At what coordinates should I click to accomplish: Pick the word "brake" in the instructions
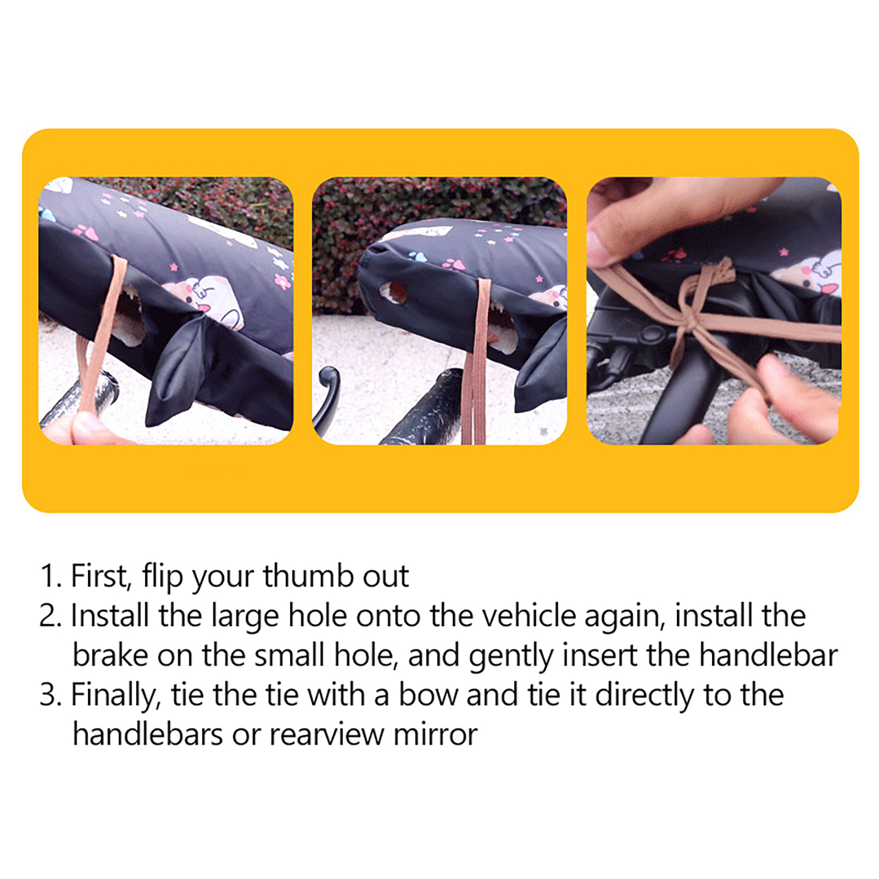(x=110, y=655)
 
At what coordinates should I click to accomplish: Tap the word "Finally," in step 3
(x=116, y=696)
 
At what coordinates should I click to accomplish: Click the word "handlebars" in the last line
(x=148, y=734)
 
